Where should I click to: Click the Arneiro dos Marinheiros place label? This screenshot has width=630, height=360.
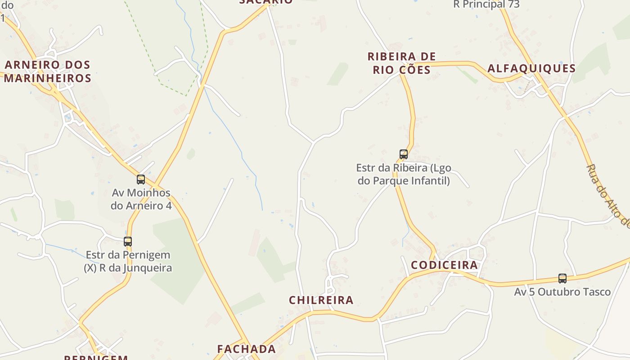[48, 72]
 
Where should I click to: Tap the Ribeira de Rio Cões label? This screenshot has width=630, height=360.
[401, 63]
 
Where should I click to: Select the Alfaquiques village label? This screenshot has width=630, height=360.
[531, 68]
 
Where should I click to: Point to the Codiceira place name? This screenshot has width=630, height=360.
[444, 265]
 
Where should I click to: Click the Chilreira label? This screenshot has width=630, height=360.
[321, 300]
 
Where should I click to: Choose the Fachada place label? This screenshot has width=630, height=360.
[246, 349]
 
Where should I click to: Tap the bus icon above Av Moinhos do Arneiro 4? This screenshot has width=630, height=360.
[141, 180]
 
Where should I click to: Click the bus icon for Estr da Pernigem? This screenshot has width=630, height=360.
[128, 242]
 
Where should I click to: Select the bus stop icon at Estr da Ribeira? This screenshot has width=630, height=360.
[404, 154]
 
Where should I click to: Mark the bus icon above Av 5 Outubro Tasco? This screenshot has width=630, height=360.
[562, 279]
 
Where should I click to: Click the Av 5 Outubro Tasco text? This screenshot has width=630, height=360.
[562, 292]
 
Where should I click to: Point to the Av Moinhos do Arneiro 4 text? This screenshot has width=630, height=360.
[141, 199]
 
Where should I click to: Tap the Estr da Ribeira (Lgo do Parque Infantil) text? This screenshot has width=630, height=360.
[403, 175]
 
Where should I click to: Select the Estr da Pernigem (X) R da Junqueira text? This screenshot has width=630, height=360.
[128, 261]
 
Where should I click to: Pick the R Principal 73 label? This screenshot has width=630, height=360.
[486, 4]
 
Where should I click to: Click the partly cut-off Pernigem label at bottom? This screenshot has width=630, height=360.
[96, 357]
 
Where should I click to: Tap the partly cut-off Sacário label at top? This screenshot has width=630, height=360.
[265, 2]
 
